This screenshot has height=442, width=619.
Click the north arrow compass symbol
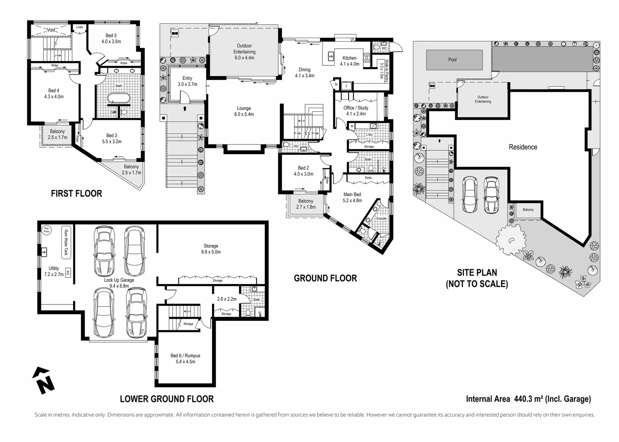click(x=43, y=381)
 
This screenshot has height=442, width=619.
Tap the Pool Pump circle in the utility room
click(x=46, y=230)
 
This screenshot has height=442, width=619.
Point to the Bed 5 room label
click(x=111, y=38)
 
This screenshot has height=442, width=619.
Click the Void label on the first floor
click(x=51, y=30)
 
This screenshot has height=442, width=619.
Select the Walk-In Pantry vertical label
click(x=381, y=70)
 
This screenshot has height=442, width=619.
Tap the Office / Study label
click(x=356, y=110)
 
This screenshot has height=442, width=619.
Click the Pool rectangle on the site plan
click(x=452, y=60)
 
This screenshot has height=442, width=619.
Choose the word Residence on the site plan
click(x=523, y=147)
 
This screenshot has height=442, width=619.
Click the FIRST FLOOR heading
click(x=76, y=194)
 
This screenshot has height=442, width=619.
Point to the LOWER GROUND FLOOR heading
click(x=167, y=399)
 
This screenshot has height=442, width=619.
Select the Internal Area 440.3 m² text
click(x=528, y=399)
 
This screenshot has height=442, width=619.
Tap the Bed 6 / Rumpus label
click(x=185, y=359)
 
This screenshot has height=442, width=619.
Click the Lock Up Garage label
click(x=119, y=283)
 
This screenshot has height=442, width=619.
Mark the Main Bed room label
click(x=352, y=197)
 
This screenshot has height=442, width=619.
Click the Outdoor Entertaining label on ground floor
click(x=244, y=52)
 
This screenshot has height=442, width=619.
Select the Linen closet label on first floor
click(x=79, y=27)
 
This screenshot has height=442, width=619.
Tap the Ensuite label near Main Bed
click(x=381, y=219)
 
